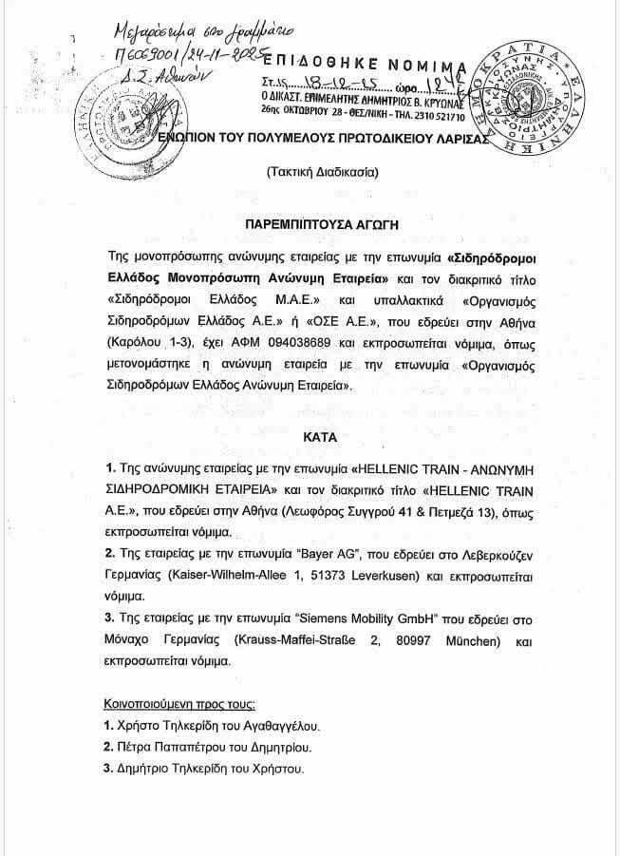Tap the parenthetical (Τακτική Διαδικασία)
click(x=309, y=173)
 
